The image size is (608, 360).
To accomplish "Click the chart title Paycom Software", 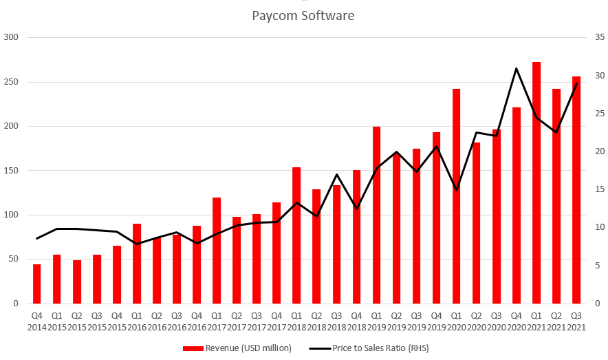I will tap(303, 15).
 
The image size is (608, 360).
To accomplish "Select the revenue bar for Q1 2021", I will tap(536, 182).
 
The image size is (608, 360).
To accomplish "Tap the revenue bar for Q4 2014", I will tap(37, 284).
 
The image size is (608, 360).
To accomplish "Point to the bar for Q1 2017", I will tap(217, 251).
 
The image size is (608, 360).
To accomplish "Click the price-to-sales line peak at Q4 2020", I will tap(517, 68).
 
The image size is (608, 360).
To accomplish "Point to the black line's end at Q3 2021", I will tap(576, 83).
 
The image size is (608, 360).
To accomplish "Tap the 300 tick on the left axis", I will tap(13, 37).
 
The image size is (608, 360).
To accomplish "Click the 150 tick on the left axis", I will tap(13, 171).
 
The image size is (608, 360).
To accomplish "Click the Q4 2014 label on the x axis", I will tap(37, 321).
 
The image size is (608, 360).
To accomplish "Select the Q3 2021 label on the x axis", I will tap(576, 321).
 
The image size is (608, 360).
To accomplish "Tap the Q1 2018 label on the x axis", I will tap(296, 321).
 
